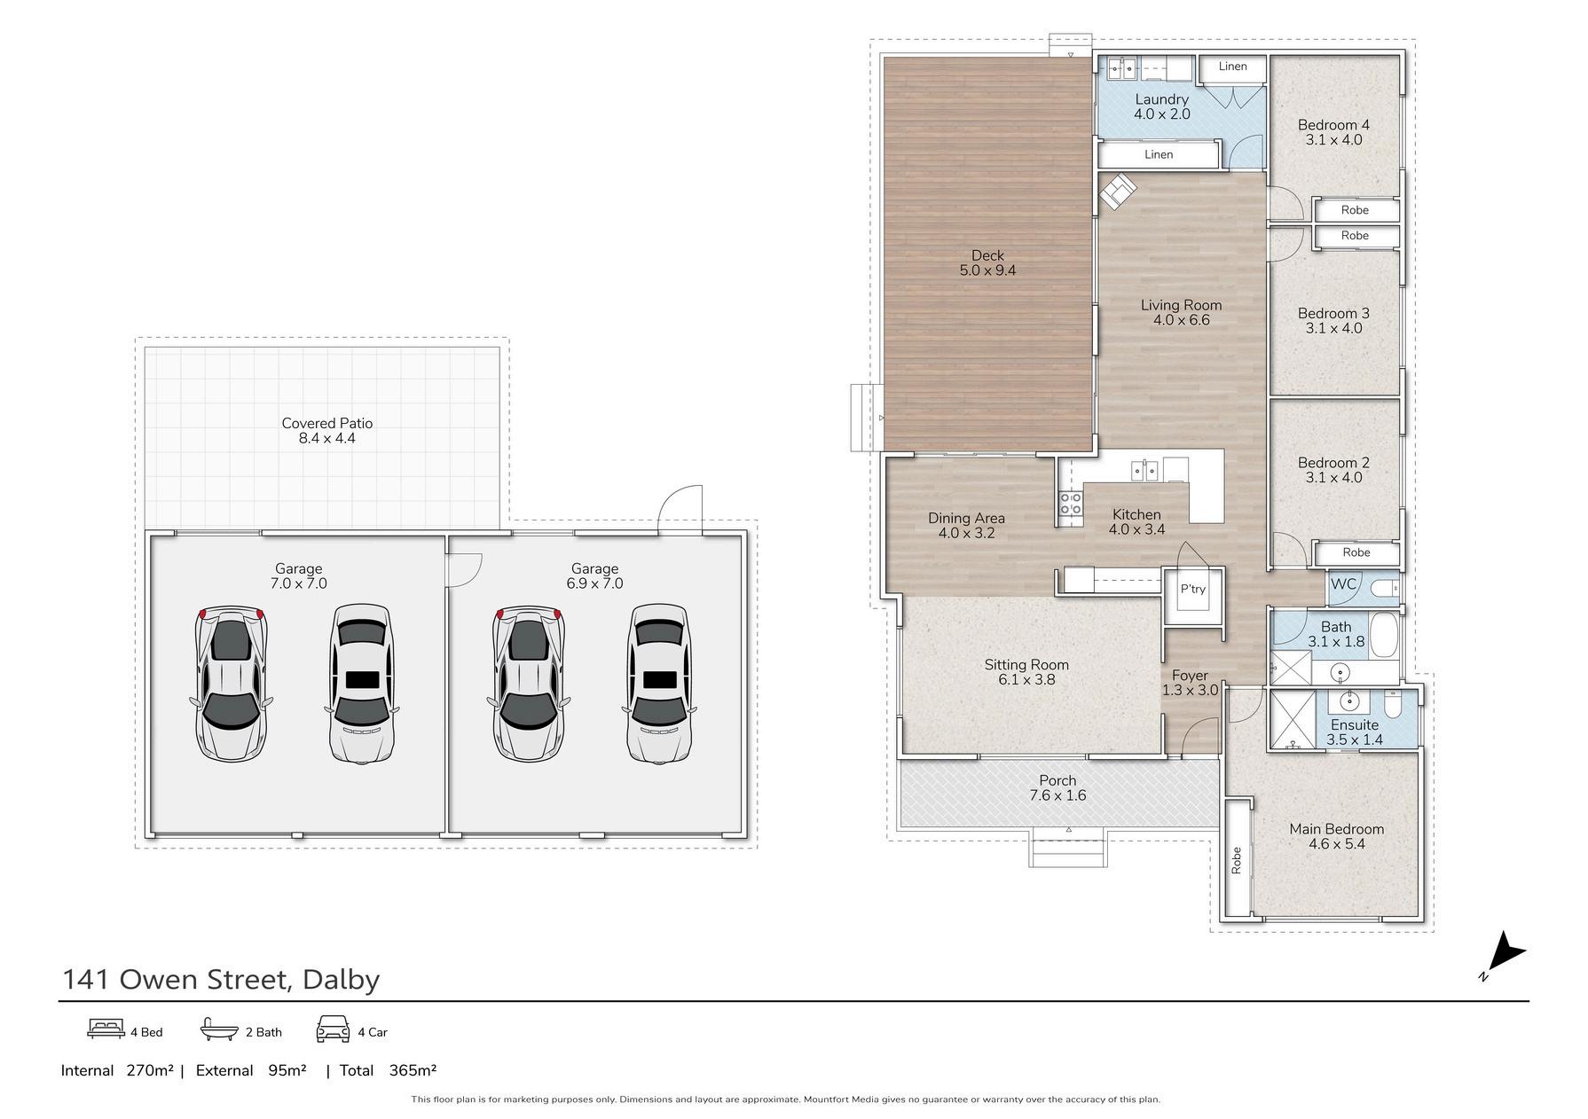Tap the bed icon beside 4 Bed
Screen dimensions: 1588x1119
[x=106, y=1029]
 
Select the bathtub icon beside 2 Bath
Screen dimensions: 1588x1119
[x=220, y=1029]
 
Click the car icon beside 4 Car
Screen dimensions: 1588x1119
[x=333, y=1029]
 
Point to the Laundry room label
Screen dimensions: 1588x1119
[x=1161, y=99]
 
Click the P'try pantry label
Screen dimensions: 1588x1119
[x=1193, y=589]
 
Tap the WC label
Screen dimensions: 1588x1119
[x=1343, y=583]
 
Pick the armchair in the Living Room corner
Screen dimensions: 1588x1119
[x=1117, y=191]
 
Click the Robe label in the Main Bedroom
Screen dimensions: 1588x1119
[x=1236, y=860]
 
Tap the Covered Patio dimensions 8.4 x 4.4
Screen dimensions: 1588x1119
[x=326, y=438]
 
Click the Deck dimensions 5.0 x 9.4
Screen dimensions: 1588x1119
[x=987, y=270]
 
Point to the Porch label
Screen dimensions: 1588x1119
[x=1057, y=780]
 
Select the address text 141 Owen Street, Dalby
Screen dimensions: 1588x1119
[x=221, y=979]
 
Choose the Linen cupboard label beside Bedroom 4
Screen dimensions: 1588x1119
[x=1232, y=67]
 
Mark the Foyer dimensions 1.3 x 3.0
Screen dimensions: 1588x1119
[x=1190, y=690]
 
